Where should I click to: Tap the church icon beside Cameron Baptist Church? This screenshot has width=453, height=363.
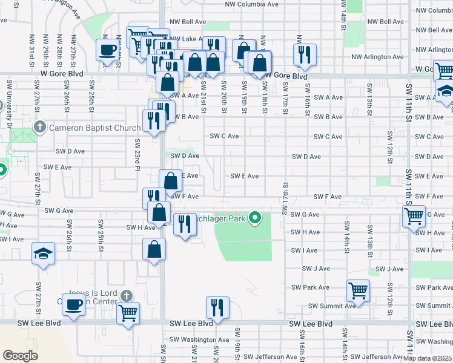(40, 127)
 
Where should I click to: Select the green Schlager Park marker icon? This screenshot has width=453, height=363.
(256, 217)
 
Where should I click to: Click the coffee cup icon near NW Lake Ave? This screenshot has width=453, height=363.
(108, 50)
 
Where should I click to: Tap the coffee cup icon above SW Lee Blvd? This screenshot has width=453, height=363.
(74, 304)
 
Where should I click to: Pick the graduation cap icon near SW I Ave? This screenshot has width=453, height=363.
(44, 253)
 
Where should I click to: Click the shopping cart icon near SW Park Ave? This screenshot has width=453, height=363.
(358, 290)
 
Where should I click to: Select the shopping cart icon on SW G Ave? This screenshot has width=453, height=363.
(414, 215)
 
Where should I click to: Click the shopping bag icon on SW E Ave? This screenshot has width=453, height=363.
(171, 180)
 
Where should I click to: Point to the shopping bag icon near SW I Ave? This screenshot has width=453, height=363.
(154, 249)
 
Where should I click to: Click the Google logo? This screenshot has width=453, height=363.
(20, 355)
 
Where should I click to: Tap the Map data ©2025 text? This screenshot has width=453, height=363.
(428, 358)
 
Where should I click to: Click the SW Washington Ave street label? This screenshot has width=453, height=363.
(202, 340)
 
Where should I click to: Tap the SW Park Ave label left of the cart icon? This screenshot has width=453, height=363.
(310, 287)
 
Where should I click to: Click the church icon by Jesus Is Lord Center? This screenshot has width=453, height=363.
(125, 296)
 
